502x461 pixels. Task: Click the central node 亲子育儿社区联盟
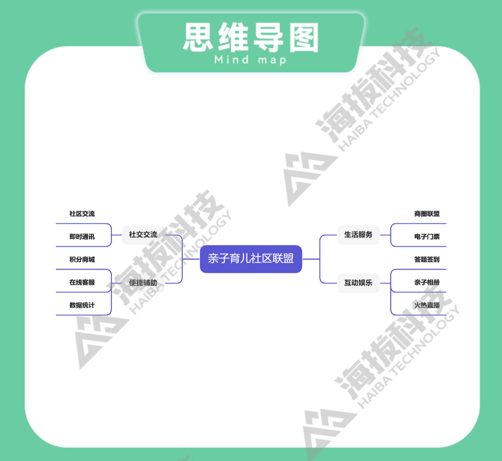pyautogui.click(x=251, y=259)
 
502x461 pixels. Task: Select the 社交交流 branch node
pyautogui.click(x=143, y=235)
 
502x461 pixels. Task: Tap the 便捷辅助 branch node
pyautogui.click(x=143, y=283)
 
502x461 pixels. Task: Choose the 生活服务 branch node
pyautogui.click(x=358, y=235)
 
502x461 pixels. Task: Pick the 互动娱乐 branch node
pyautogui.click(x=358, y=283)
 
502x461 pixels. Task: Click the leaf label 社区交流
pyautogui.click(x=82, y=214)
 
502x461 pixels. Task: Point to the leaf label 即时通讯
pyautogui.click(x=82, y=237)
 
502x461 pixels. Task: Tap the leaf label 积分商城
pyautogui.click(x=82, y=259)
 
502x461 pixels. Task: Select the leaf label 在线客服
pyautogui.click(x=82, y=282)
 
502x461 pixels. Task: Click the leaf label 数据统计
pyautogui.click(x=82, y=305)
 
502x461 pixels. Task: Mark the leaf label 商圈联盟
pyautogui.click(x=427, y=214)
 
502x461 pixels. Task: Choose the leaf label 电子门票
pyautogui.click(x=427, y=237)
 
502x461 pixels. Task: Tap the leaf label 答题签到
pyautogui.click(x=427, y=259)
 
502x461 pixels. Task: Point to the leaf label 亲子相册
pyautogui.click(x=427, y=282)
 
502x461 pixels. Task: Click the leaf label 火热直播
pyautogui.click(x=427, y=305)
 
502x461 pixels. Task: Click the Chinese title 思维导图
pyautogui.click(x=251, y=37)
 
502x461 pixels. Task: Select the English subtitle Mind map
pyautogui.click(x=250, y=60)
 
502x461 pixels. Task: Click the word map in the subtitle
pyautogui.click(x=272, y=60)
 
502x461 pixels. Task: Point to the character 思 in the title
pyautogui.click(x=198, y=37)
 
